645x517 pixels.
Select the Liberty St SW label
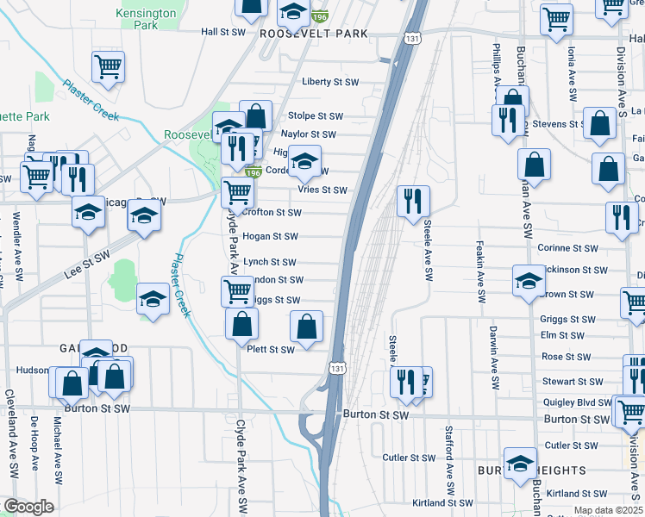pos(329,83)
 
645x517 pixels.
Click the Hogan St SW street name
pos(270,236)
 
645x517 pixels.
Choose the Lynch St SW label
pos(270,263)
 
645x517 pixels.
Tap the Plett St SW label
pos(271,350)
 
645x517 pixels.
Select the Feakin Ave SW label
pos(479,272)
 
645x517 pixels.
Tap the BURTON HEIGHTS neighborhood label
pos(532,471)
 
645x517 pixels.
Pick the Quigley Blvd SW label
pos(576,402)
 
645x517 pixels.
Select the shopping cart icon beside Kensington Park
pos(109,66)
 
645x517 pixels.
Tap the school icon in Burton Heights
pos(520,463)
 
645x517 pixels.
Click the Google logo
pos(28,507)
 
